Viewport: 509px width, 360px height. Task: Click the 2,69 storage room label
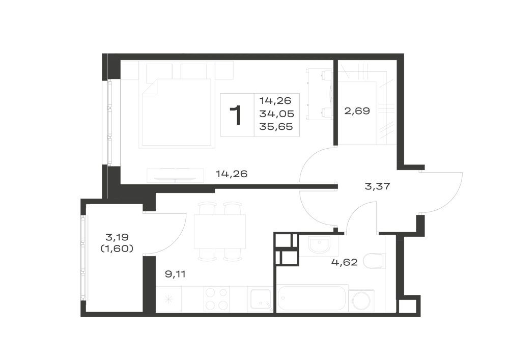pos(357,112)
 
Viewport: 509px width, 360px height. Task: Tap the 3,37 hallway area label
pos(377,187)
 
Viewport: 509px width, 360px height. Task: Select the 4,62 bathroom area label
pos(345,262)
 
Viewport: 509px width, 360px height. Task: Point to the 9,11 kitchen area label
pos(175,274)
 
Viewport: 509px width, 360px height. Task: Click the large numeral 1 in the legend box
pos(236,115)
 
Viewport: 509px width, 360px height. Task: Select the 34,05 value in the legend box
pos(276,114)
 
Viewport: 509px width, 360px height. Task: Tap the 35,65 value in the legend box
pos(276,127)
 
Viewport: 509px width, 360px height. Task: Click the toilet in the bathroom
pos(374,261)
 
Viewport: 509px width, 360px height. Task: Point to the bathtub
pos(312,298)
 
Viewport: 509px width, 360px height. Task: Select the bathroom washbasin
pos(319,245)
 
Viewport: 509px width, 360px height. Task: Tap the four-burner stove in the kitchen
pos(216,299)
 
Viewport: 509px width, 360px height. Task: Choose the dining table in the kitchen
pos(220,232)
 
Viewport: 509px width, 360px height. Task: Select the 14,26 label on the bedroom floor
pos(232,174)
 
